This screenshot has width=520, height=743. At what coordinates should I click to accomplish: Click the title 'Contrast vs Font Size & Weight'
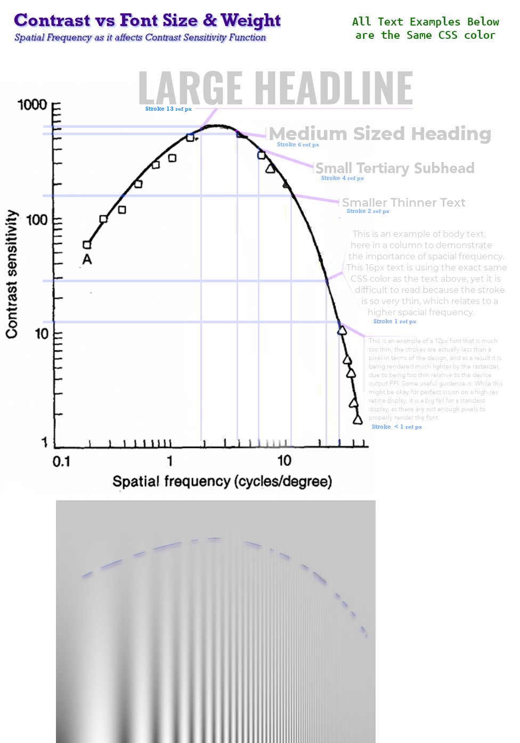pyautogui.click(x=147, y=20)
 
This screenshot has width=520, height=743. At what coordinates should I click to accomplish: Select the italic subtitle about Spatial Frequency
pyautogui.click(x=140, y=37)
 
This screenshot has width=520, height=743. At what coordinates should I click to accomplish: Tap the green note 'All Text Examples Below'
pyautogui.click(x=425, y=22)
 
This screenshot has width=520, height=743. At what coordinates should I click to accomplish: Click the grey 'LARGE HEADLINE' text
pyautogui.click(x=275, y=88)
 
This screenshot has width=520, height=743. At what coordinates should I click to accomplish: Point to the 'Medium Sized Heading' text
pyautogui.click(x=380, y=134)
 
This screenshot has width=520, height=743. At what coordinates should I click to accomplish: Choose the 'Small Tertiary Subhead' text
pyautogui.click(x=395, y=168)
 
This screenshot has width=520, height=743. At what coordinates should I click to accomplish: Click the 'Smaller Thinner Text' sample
pyautogui.click(x=403, y=202)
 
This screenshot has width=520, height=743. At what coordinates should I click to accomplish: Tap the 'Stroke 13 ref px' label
pyautogui.click(x=168, y=109)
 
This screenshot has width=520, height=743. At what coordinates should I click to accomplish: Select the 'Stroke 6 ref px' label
pyautogui.click(x=298, y=144)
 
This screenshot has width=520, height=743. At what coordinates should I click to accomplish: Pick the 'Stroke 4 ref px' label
pyautogui.click(x=342, y=178)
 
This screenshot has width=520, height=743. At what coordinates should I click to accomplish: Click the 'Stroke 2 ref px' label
pyautogui.click(x=368, y=211)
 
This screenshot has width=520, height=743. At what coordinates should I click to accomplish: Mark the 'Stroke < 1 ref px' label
pyautogui.click(x=396, y=427)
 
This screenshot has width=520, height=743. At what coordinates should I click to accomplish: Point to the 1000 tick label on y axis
pyautogui.click(x=32, y=104)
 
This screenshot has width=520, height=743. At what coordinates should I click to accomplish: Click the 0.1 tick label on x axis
pyautogui.click(x=61, y=461)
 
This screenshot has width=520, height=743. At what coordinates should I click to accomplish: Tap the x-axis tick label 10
pyautogui.click(x=284, y=460)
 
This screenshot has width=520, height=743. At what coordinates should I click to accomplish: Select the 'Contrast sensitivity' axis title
pyautogui.click(x=12, y=274)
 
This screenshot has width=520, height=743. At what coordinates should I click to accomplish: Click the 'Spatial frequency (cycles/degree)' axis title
pyautogui.click(x=222, y=481)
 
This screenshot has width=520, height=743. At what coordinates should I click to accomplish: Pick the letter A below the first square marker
pyautogui.click(x=87, y=259)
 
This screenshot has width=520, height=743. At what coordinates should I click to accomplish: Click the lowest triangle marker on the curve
pyautogui.click(x=357, y=420)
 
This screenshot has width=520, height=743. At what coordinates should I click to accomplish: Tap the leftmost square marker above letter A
pyautogui.click(x=87, y=245)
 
